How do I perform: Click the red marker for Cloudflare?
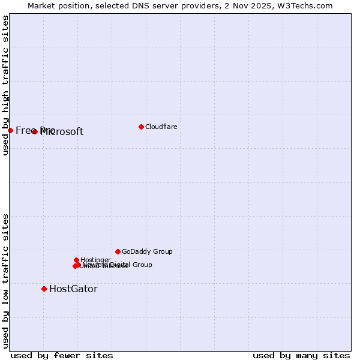tap(141, 127)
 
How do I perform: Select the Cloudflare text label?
tap(161, 127)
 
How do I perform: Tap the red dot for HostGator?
tap(44, 289)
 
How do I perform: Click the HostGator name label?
tap(73, 289)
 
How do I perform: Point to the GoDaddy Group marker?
tap(118, 251)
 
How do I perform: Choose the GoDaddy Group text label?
tap(147, 251)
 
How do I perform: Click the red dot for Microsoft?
tap(35, 131)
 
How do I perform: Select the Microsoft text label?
tap(62, 132)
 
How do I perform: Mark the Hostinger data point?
tap(76, 260)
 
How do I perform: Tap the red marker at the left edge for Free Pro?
tap(10, 130)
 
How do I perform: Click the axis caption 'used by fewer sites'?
tap(62, 355)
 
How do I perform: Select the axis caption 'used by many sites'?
tap(301, 355)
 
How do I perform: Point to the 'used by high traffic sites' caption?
tap(5, 85)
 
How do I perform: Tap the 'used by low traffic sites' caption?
tap(5, 280)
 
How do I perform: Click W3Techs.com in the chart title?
tap(306, 5)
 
